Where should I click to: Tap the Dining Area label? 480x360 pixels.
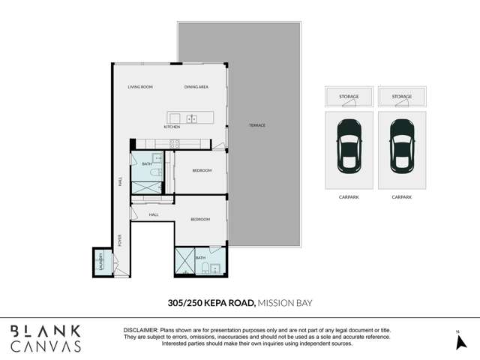[196, 87]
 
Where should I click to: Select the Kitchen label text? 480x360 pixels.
[172, 127]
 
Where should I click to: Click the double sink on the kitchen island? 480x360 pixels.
[191, 118]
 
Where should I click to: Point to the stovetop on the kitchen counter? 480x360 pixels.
[173, 142]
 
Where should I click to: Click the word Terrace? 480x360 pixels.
[257, 124]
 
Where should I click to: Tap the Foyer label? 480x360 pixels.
[119, 240]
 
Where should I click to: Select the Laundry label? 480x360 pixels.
[100, 262]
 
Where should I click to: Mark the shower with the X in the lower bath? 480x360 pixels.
[185, 263]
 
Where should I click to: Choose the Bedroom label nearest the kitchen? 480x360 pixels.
[201, 170]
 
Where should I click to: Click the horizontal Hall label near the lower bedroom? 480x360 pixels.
[153, 214]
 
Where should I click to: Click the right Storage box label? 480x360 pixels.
[401, 97]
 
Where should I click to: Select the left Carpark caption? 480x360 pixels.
[348, 197]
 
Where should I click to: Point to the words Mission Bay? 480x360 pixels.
[284, 303]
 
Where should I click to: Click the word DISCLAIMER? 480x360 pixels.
[139, 330]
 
